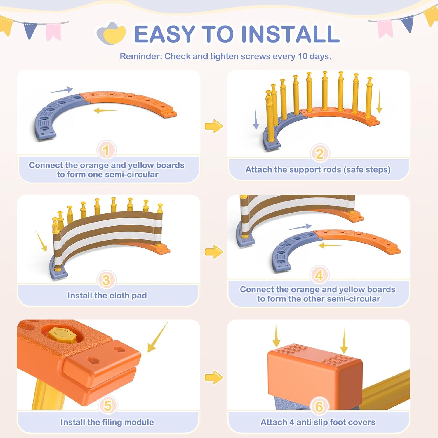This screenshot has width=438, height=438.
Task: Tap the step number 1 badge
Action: tap(106, 150)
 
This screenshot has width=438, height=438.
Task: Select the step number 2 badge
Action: tap(319, 154)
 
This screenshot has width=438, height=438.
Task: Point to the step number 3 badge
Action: tap(106, 280)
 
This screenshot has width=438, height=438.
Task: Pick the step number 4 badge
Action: tap(319, 275)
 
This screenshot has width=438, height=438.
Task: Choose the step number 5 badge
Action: tap(107, 405)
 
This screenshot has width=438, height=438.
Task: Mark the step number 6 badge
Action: tap(319, 406)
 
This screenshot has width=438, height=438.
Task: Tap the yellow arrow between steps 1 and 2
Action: tap(214, 126)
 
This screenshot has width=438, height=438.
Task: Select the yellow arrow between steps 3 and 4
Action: tap(214, 251)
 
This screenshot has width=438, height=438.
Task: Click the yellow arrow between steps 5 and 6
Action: tap(214, 377)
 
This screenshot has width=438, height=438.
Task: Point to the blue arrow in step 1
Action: tap(61, 90)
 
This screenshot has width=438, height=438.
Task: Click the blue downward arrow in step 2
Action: tap(256, 117)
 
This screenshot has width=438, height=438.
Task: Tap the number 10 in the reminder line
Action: tap(303, 56)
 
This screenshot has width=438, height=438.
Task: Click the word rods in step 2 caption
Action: tap(332, 170)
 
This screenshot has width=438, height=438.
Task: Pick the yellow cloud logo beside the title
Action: tap(111, 34)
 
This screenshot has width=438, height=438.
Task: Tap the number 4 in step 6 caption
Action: tap(291, 422)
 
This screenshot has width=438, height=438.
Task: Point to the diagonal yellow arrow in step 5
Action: tap(157, 337)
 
